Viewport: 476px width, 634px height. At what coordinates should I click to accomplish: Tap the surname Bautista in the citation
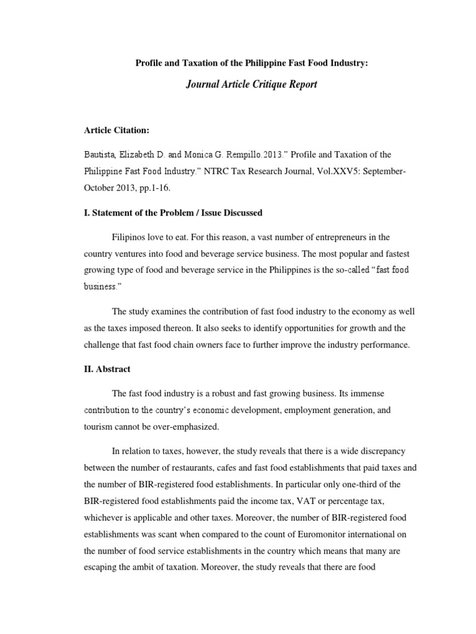click(101, 154)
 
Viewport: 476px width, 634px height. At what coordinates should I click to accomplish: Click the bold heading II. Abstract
click(107, 369)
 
